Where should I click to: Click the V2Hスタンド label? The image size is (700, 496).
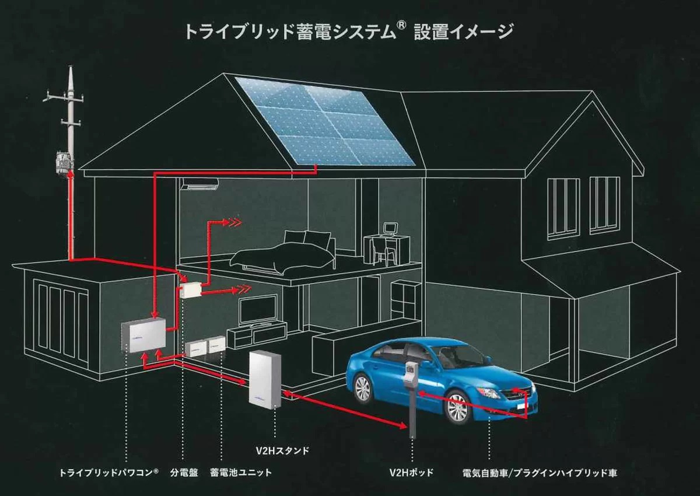click(282, 450)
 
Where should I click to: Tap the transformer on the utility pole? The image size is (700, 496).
click(65, 163)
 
